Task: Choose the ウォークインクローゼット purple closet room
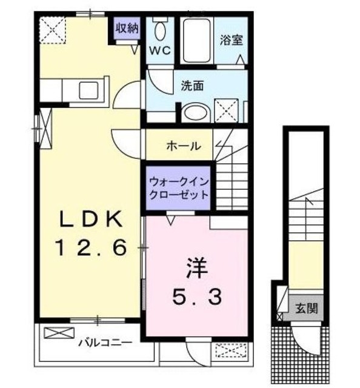pyautogui.click(x=178, y=188)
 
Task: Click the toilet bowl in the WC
pyautogui.click(x=161, y=30)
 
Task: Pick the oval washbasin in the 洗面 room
pyautogui.click(x=195, y=113)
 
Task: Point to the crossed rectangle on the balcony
pyautogui.click(x=58, y=333)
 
